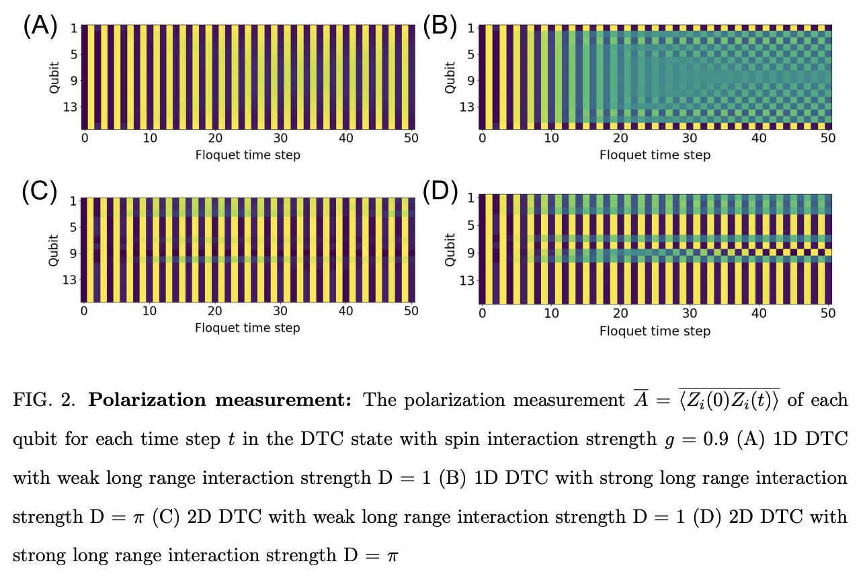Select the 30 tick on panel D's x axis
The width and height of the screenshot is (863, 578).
[690, 315]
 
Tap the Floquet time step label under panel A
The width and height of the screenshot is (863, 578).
[247, 155]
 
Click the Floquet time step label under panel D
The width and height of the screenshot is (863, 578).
[655, 331]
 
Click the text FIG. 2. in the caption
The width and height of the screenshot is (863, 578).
[44, 401]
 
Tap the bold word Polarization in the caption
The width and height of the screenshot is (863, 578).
[138, 401]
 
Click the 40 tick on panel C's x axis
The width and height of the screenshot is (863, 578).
[345, 311]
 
